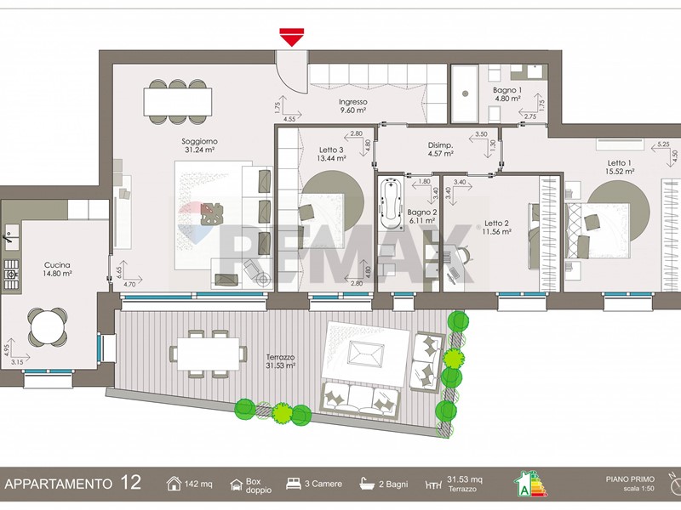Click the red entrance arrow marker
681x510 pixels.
291,37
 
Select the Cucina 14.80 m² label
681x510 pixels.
57,269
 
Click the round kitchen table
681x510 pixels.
48,326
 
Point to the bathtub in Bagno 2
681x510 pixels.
392,205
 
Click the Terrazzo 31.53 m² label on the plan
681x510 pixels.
281,361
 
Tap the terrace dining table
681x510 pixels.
209,354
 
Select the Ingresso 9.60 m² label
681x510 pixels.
352,105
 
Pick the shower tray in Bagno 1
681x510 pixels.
465,93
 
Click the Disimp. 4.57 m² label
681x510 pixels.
441,150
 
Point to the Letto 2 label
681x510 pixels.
496,223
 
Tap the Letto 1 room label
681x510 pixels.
620,163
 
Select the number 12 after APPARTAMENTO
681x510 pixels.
130,483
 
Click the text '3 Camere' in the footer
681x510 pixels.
323,484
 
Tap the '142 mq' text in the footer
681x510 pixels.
198,484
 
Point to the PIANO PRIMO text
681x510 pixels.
630,479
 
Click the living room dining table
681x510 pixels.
178,102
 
